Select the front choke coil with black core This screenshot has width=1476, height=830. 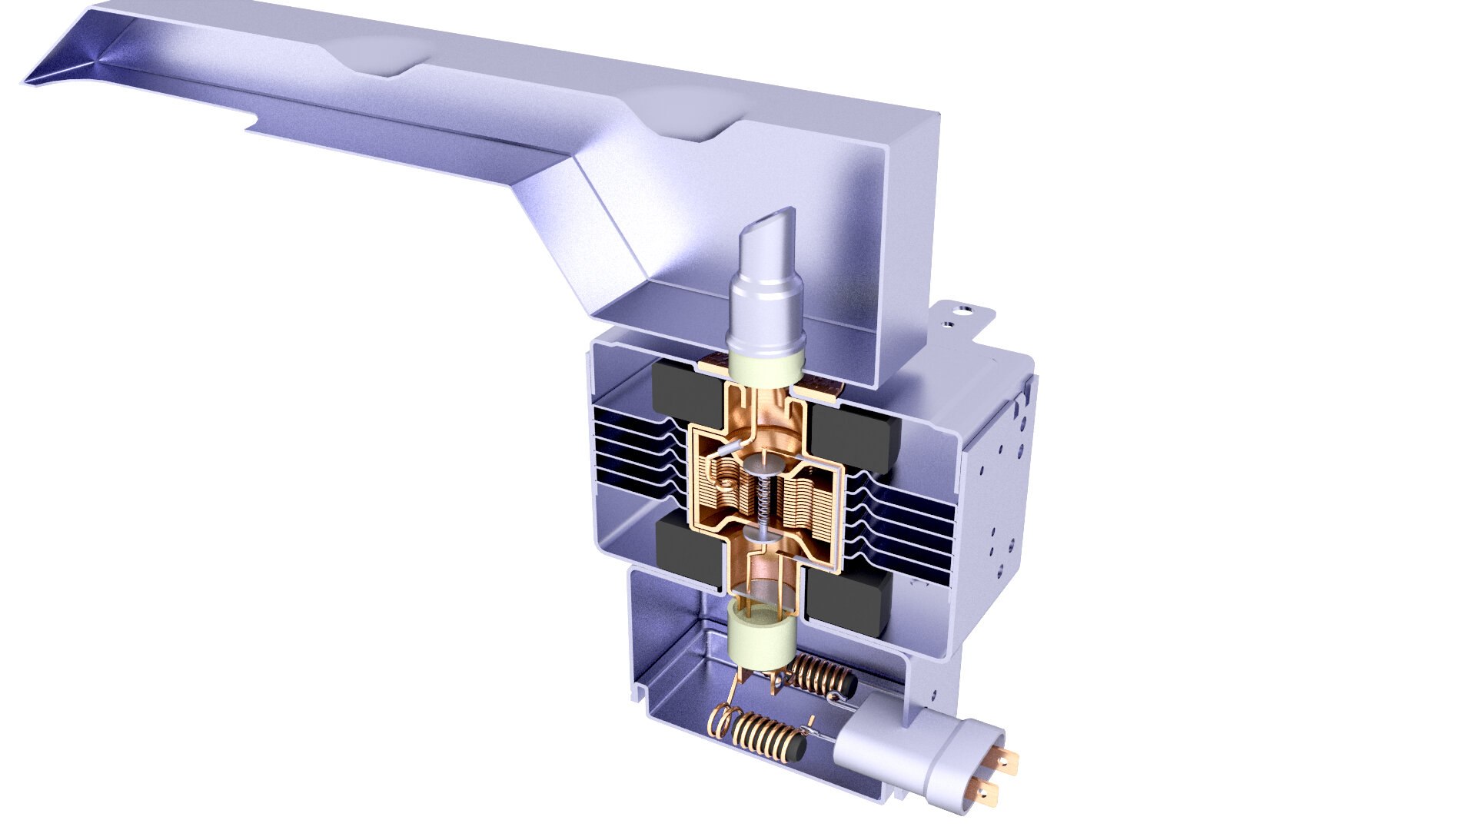[769, 739]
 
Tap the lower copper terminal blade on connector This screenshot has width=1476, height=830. [986, 788]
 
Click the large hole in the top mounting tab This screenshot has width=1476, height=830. [962, 311]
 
